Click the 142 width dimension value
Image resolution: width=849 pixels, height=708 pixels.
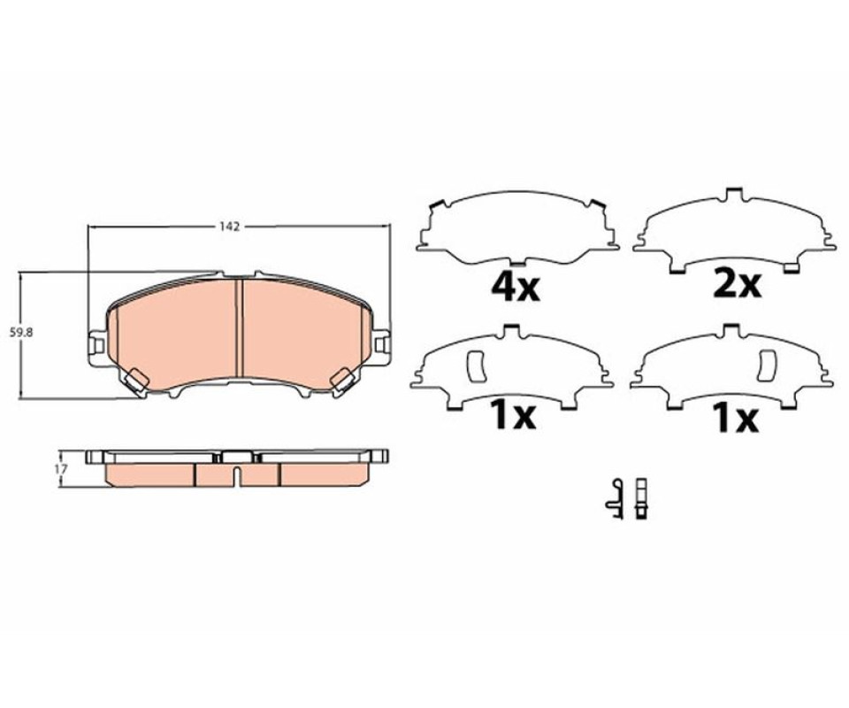[229, 227]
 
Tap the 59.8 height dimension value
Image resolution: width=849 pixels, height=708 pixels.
[21, 333]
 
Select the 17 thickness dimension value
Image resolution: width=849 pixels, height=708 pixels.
[61, 469]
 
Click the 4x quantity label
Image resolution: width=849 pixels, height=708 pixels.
[515, 288]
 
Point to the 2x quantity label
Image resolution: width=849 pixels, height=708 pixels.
[738, 284]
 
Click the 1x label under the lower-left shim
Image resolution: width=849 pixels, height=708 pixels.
[512, 415]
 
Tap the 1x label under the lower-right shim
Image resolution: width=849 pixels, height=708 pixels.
[735, 419]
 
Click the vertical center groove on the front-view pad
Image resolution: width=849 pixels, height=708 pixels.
[238, 327]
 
